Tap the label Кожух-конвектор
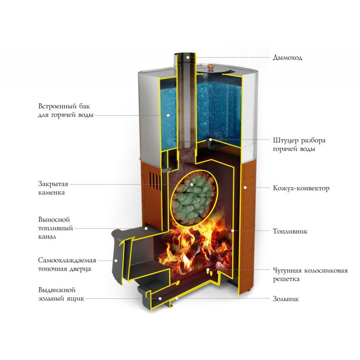tap(301, 188)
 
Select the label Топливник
tap(290, 232)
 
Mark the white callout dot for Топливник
tap(233, 230)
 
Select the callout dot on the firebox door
tap(116, 260)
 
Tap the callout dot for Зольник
tap(177, 298)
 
